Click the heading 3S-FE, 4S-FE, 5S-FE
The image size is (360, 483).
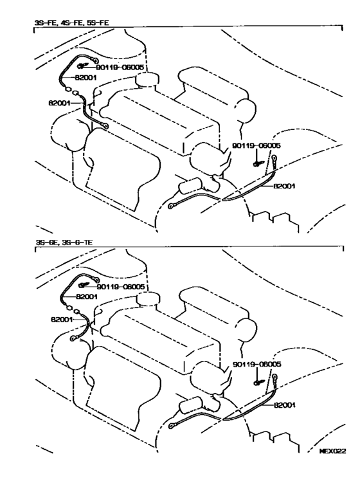(71, 23)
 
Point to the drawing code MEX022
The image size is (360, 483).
(333, 451)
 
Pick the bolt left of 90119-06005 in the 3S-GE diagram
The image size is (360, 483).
(83, 285)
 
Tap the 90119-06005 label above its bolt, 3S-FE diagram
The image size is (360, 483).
(256, 146)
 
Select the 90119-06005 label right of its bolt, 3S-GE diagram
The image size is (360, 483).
(120, 287)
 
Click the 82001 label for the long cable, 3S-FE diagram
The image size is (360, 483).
(284, 186)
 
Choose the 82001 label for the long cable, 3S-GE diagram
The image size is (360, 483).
(284, 405)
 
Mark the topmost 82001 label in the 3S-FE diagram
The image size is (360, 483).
(86, 78)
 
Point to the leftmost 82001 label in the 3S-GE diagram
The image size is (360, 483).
(62, 320)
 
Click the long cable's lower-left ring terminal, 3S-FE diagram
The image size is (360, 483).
(170, 206)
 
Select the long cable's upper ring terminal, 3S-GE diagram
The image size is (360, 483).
(274, 376)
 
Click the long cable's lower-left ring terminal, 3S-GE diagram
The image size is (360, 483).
(171, 426)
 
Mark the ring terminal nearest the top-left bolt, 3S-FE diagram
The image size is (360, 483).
(96, 60)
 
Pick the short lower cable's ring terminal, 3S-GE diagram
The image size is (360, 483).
(73, 338)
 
